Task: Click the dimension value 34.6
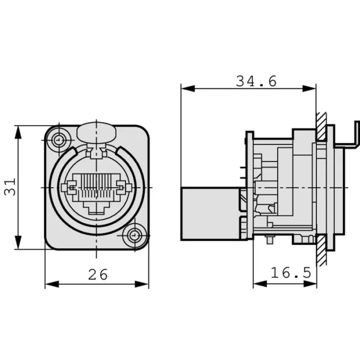tap(256, 81)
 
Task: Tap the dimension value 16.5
tap(291, 273)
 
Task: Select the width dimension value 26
tap(98, 274)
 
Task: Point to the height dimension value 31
tap(10, 187)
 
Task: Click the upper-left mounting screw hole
tap(59, 139)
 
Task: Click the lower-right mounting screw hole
tap(135, 236)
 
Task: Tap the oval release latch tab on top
tap(97, 133)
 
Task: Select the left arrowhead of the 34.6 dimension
tap(188, 88)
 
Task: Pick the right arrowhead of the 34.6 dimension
tap(309, 88)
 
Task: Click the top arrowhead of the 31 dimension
tap(18, 133)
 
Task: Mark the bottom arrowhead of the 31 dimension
tap(18, 242)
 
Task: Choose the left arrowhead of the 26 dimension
tap(52, 284)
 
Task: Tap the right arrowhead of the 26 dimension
tap(141, 284)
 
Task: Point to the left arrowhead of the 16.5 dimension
tap(260, 284)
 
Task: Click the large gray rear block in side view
tap(210, 214)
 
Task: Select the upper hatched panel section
tap(321, 127)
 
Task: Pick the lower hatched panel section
tap(321, 250)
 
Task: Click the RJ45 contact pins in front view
tap(97, 186)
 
